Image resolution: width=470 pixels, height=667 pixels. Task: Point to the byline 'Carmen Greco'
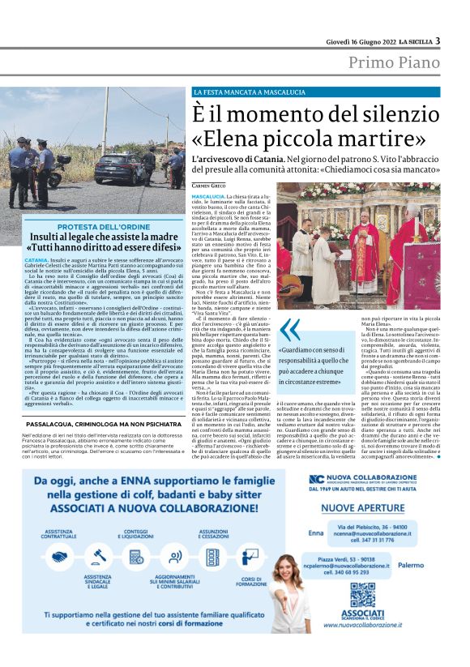pos(210,186)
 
